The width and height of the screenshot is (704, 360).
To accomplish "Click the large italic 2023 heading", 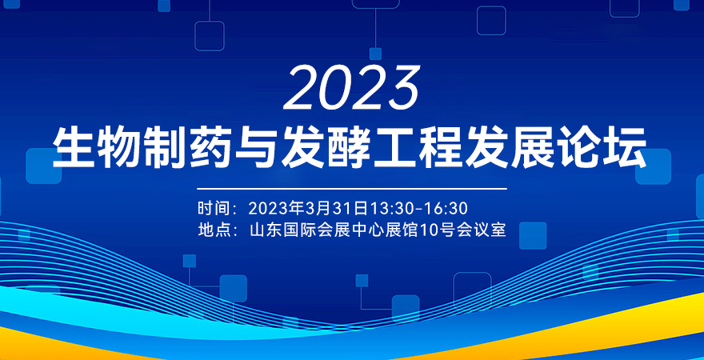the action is (x=351, y=87).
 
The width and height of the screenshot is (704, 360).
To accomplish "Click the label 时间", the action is (x=212, y=209).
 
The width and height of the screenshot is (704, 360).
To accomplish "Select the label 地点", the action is (x=212, y=230).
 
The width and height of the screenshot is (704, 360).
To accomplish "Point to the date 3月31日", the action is (x=336, y=209).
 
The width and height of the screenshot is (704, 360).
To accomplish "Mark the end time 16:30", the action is (x=448, y=209).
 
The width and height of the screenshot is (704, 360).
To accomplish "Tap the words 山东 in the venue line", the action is (x=264, y=230).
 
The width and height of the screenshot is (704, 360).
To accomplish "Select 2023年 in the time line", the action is (x=276, y=209).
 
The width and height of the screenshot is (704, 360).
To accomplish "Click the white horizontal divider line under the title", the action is (x=352, y=189).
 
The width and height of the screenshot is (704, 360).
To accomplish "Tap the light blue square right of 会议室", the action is (x=533, y=236).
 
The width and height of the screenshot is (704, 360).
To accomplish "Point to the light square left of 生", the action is (x=43, y=166).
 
